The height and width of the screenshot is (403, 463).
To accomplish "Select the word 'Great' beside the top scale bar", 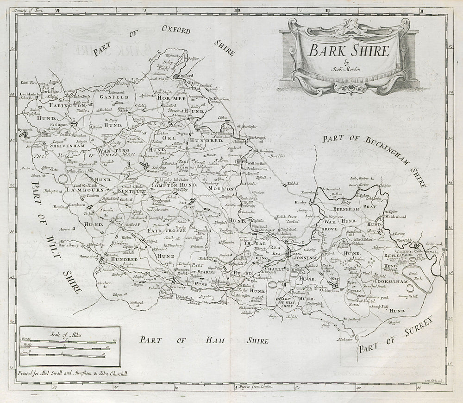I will (25, 340).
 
